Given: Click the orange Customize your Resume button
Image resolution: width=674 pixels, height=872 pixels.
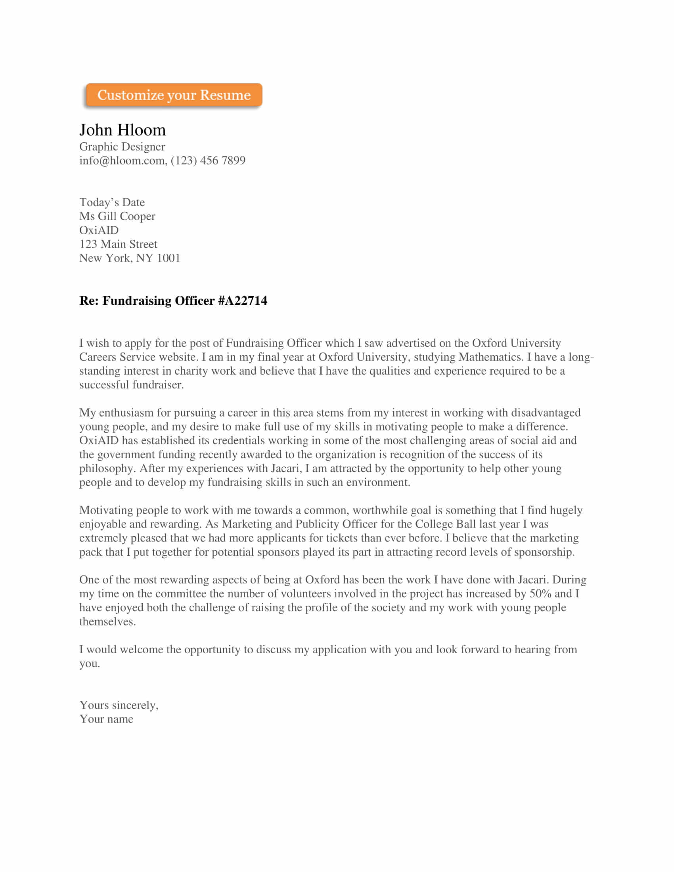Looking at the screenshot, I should [x=174, y=95].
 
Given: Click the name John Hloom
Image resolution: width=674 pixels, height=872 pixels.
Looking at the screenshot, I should [x=122, y=130].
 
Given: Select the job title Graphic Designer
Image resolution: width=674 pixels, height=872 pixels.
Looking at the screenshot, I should [x=122, y=147].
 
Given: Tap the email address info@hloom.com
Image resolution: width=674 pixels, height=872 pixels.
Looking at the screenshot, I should [x=122, y=161].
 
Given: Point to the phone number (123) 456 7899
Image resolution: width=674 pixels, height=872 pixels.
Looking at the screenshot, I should [x=208, y=161].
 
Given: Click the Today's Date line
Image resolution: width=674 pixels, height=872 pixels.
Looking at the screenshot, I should [x=112, y=202].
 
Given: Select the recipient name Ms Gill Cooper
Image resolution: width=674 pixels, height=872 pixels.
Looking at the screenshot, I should [x=117, y=216].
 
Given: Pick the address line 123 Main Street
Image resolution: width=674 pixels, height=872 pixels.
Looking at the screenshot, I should [x=118, y=244].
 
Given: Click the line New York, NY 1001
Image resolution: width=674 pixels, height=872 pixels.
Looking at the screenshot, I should [x=129, y=258].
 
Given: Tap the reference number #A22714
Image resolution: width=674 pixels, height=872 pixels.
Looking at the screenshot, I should [x=242, y=300].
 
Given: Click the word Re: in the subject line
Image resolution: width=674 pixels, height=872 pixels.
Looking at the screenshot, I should [x=89, y=300].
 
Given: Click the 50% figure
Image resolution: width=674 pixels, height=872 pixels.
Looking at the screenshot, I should [x=540, y=593].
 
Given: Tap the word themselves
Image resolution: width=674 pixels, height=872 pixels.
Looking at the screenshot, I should [x=107, y=621].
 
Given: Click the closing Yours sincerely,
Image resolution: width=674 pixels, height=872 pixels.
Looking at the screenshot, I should [x=119, y=705].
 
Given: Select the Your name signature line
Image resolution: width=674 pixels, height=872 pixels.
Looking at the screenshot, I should [x=106, y=719].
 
